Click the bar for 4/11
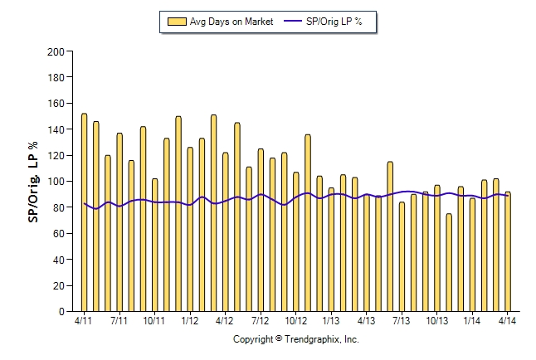pyautogui.click(x=84, y=212)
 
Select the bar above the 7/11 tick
pyautogui.click(x=119, y=222)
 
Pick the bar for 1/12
pyautogui.click(x=190, y=230)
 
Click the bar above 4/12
pyautogui.click(x=226, y=231)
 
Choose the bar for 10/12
pyautogui.click(x=296, y=241)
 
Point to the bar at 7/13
pyautogui.click(x=402, y=257)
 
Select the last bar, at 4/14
pyautogui.click(x=508, y=251)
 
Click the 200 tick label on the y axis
pyautogui.click(x=56, y=52)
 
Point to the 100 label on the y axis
pyautogui.click(x=56, y=181)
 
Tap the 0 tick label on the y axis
pyautogui.click(x=61, y=311)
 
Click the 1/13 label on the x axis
pyautogui.click(x=331, y=321)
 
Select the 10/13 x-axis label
pyautogui.click(x=437, y=321)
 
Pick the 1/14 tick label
pyautogui.click(x=472, y=321)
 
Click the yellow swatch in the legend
pyautogui.click(x=177, y=22)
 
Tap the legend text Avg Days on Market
pyautogui.click(x=231, y=22)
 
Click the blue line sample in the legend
pyautogui.click(x=293, y=22)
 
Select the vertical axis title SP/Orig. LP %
pyautogui.click(x=33, y=182)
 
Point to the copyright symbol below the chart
pyautogui.click(x=279, y=338)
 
